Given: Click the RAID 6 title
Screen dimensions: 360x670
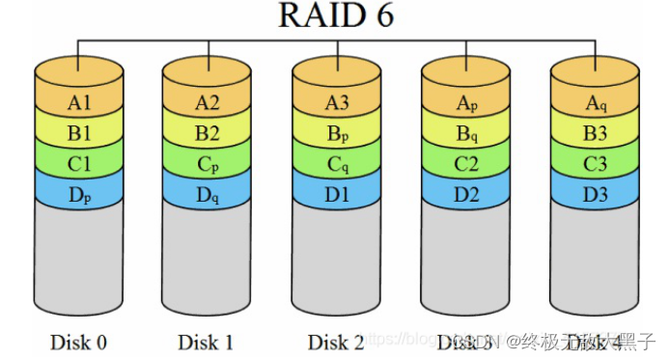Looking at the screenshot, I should click(x=335, y=15).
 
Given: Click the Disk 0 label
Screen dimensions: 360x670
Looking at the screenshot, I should click(x=79, y=342).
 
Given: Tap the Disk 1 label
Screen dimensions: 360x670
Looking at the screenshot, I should click(x=208, y=342).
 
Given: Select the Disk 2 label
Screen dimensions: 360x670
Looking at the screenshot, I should click(x=337, y=342).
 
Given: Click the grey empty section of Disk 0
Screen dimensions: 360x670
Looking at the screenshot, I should click(x=79, y=261).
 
